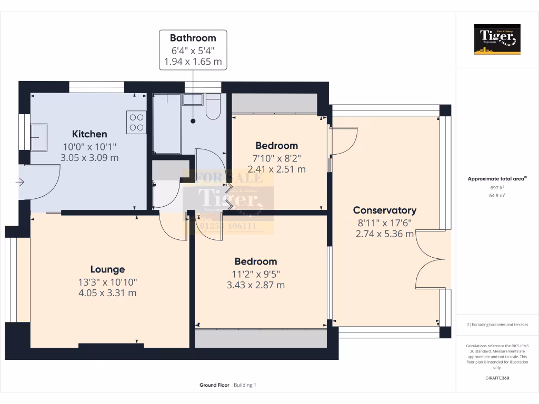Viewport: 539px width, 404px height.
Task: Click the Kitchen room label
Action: pos(89,134)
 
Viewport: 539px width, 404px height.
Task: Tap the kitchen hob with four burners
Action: pos(136,122)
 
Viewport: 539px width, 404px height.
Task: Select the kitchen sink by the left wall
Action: pos(38,137)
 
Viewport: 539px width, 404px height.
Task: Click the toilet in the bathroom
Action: pos(213,107)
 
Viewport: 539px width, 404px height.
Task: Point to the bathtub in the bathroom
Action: pos(167,124)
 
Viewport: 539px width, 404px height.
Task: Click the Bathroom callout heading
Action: pos(193,38)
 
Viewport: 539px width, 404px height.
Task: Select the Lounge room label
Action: pos(107,269)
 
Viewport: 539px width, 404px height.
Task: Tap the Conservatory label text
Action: pos(384,210)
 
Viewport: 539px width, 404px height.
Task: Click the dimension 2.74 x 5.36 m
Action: pos(384,234)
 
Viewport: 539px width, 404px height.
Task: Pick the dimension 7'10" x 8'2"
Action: pos(276,158)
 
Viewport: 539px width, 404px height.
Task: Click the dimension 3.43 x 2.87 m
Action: pos(255,285)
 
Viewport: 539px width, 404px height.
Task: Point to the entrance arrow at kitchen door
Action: pos(20,183)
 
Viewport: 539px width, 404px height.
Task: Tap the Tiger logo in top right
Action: pos(497,39)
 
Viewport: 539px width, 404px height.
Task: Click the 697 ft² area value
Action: pos(497,188)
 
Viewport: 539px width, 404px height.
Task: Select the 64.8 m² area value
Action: pos(497,195)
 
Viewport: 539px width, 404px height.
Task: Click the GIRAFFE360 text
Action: pos(497,378)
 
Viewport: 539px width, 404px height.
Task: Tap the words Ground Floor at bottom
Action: pos(214,385)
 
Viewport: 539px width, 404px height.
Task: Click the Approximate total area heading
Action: pos(496,179)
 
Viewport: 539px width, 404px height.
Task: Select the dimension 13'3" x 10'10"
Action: pos(107,282)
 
